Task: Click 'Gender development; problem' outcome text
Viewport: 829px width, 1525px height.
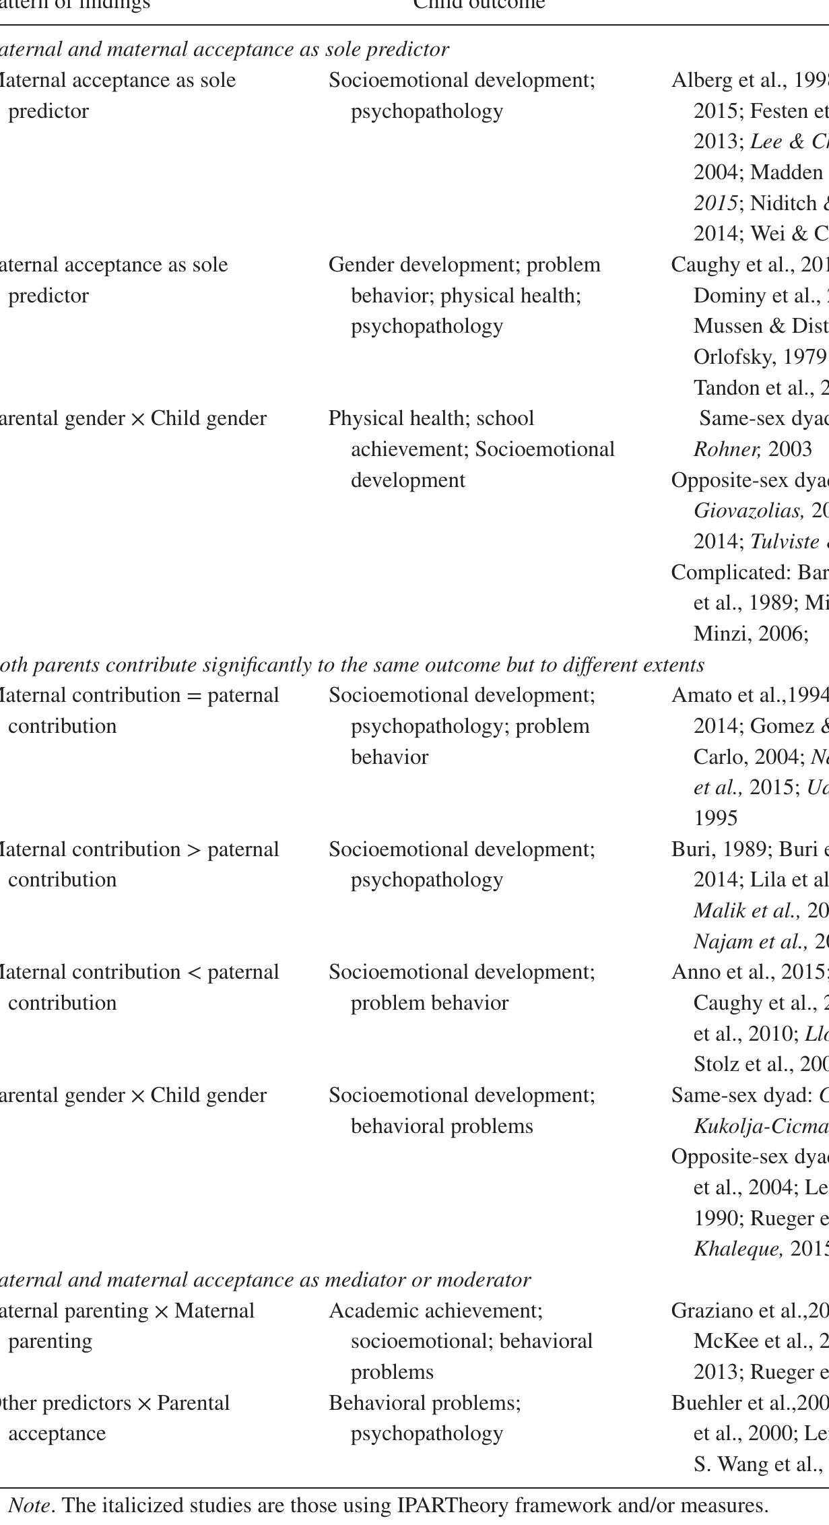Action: tap(464, 265)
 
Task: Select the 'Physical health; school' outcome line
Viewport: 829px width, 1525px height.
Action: tap(431, 418)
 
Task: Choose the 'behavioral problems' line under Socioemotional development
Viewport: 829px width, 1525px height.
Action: tap(442, 1126)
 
